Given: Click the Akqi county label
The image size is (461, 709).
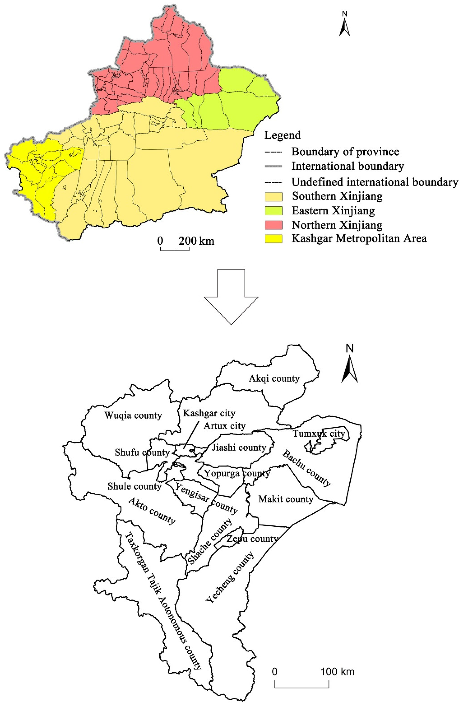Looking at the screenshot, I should pos(274,379).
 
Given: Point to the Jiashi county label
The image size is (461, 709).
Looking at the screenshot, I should pos(239,448).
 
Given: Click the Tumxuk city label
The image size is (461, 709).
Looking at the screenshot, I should pos(319,434).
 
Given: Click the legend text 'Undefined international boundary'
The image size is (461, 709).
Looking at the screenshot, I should pos(374,182).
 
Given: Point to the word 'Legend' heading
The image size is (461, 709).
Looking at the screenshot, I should pos(282,135).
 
